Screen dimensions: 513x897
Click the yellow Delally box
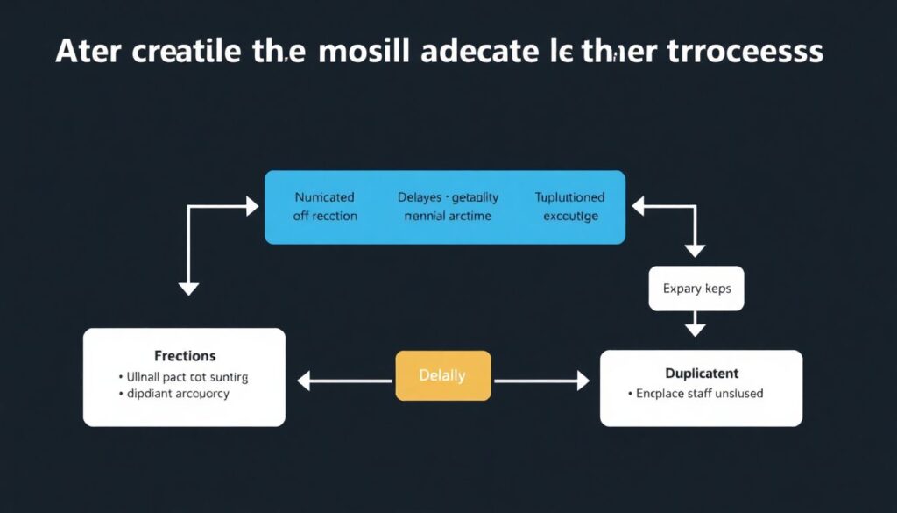[442, 376]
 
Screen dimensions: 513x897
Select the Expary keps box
[696, 289]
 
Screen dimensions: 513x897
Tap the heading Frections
[185, 356]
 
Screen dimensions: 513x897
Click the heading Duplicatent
[702, 373]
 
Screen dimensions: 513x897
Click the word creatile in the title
[188, 52]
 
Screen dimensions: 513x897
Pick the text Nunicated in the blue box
[326, 197]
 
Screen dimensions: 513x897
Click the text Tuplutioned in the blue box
[569, 197]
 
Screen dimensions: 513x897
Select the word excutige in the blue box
[570, 216]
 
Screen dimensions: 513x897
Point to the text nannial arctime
[447, 216]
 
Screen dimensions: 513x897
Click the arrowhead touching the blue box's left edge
[252, 207]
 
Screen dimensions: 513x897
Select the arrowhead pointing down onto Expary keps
[695, 250]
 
